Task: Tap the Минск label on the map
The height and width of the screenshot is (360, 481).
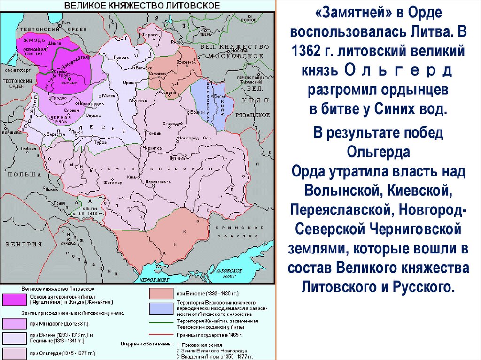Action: pos(111,95)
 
